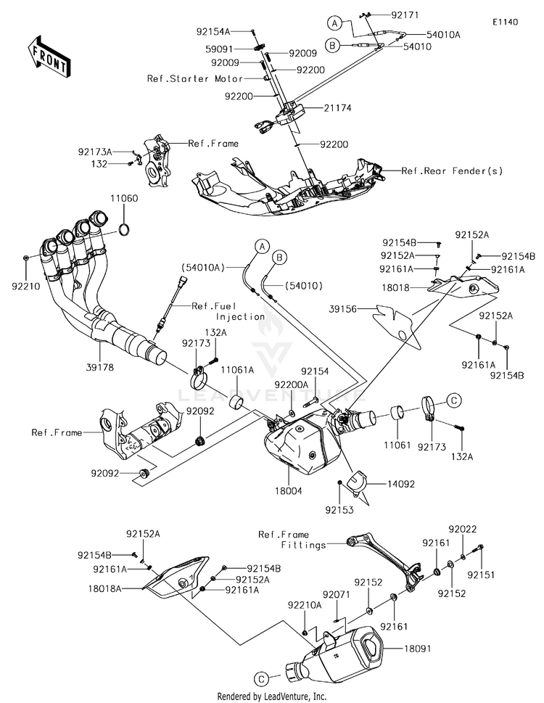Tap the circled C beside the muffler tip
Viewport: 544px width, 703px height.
click(x=260, y=678)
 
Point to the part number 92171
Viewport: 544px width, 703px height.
click(x=405, y=15)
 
